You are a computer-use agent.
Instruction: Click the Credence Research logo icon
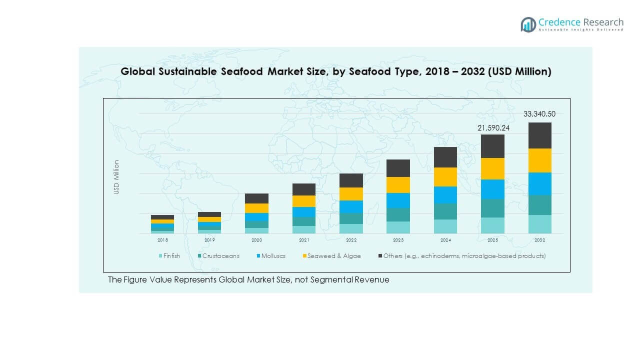pos(528,24)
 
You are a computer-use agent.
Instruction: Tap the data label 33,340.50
pos(539,114)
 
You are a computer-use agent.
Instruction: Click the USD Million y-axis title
pos(116,177)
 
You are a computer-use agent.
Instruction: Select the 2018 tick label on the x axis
pos(162,240)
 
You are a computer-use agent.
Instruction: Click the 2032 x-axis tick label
pos(539,240)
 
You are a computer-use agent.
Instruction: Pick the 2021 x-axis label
pos(304,240)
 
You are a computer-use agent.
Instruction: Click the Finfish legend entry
pos(168,256)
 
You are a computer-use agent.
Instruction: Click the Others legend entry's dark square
pos(380,256)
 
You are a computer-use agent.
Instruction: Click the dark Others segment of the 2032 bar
pos(539,135)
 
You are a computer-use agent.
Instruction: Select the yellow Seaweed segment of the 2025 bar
pos(492,168)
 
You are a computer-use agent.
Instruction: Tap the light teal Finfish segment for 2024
pos(445,226)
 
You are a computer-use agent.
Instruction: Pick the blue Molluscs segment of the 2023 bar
pos(398,200)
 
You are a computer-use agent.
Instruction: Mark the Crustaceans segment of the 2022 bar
pos(351,218)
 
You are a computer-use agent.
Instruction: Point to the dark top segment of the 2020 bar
pos(256,198)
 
